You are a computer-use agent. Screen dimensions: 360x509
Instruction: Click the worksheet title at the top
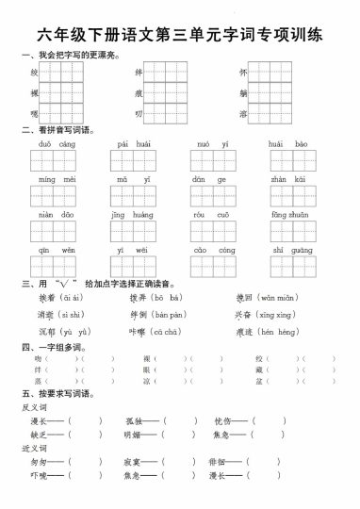[x=180, y=36]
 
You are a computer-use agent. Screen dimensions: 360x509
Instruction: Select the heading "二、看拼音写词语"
[x=57, y=130]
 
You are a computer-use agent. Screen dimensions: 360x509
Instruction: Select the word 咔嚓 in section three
[x=138, y=332]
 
